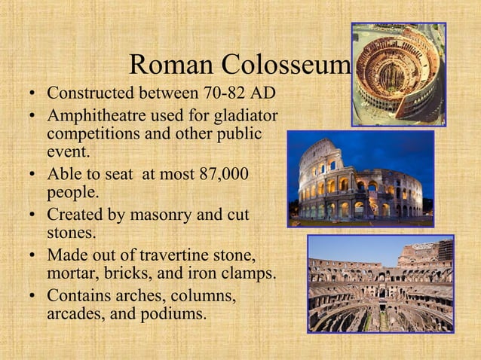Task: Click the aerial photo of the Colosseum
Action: point(398,73)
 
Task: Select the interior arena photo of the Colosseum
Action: point(381,284)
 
